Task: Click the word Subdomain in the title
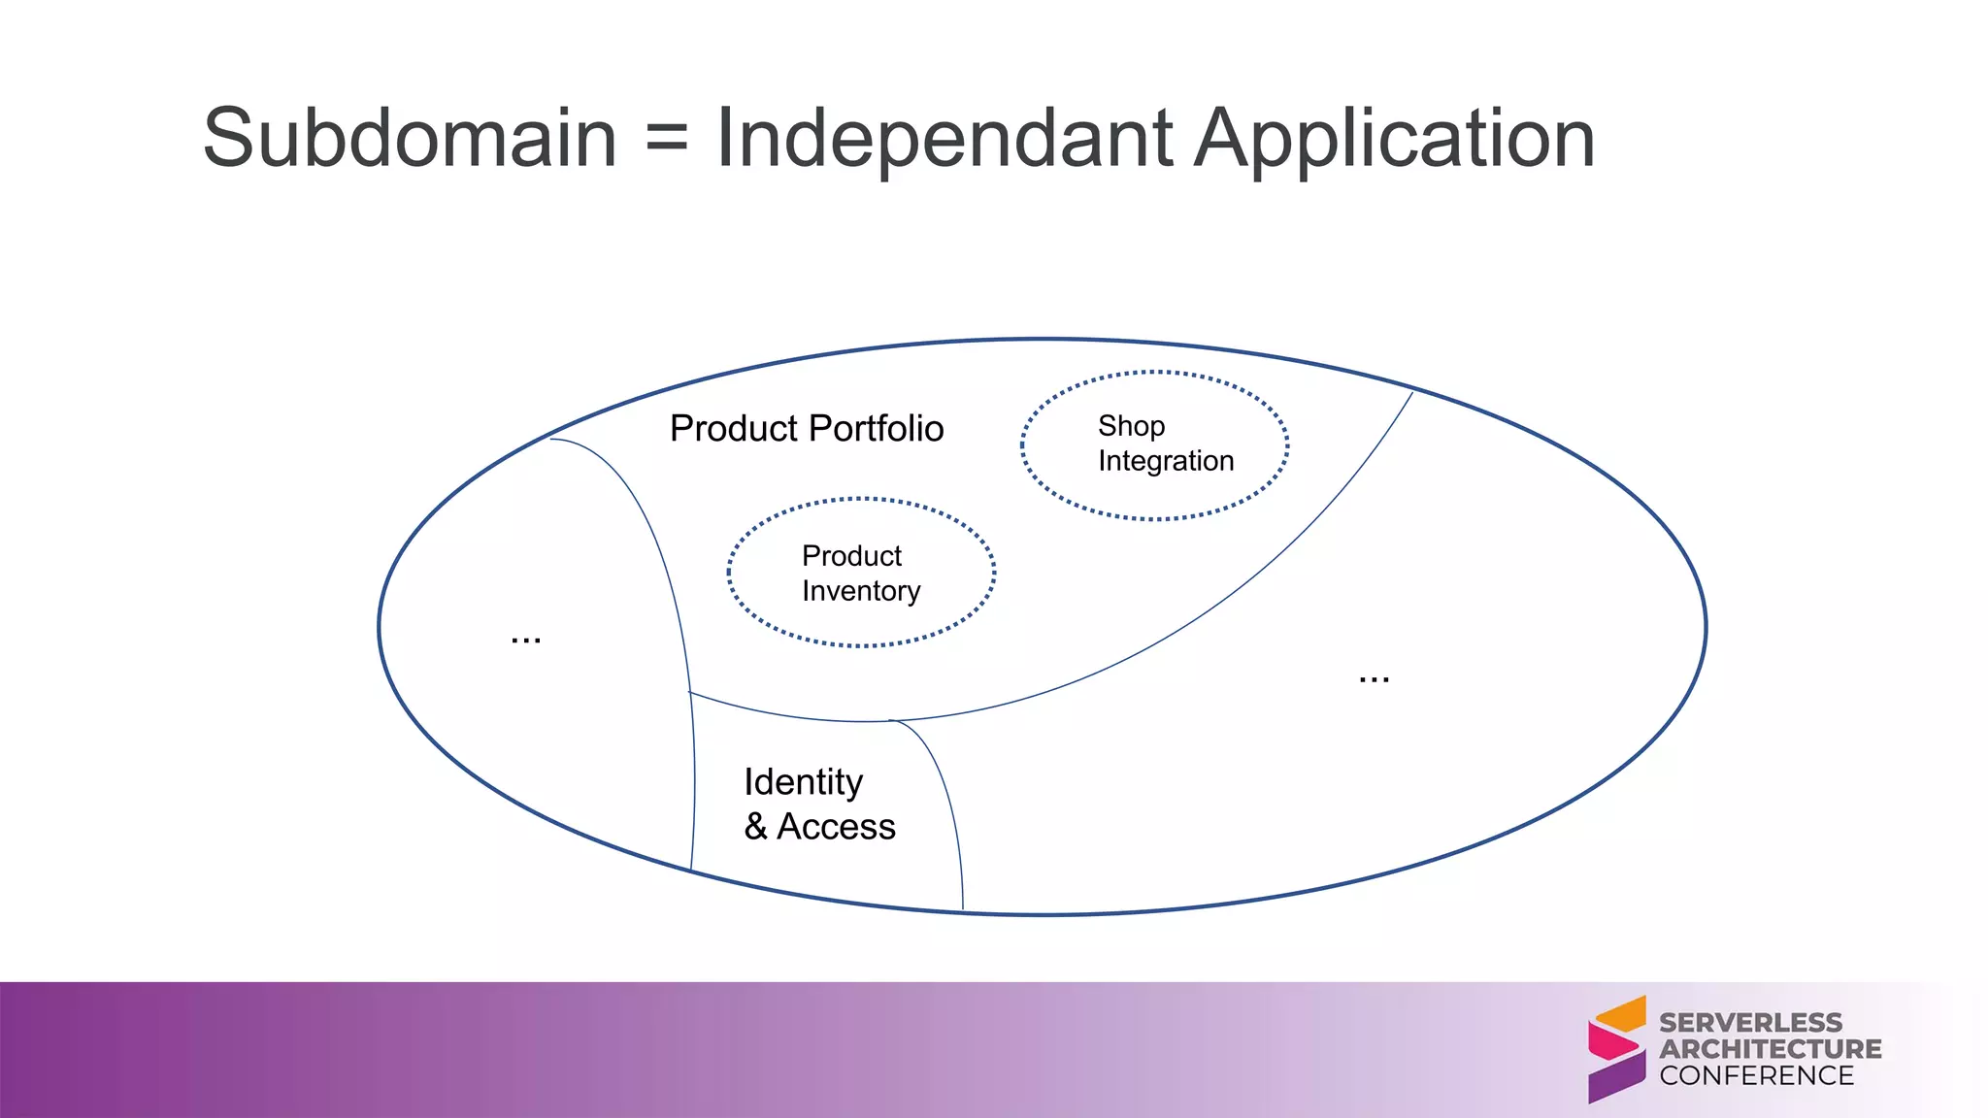410,139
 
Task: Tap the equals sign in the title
666,139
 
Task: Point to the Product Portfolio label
806,428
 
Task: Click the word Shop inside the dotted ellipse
1131,426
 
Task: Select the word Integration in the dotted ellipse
1166,461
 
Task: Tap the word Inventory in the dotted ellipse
861,591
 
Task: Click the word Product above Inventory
851,556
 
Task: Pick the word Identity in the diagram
803,782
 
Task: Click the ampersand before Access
756,827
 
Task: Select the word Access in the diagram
836,827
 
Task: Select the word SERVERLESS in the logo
1750,1023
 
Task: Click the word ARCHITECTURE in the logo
1770,1049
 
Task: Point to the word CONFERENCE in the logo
1756,1075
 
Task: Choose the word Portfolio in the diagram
876,428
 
